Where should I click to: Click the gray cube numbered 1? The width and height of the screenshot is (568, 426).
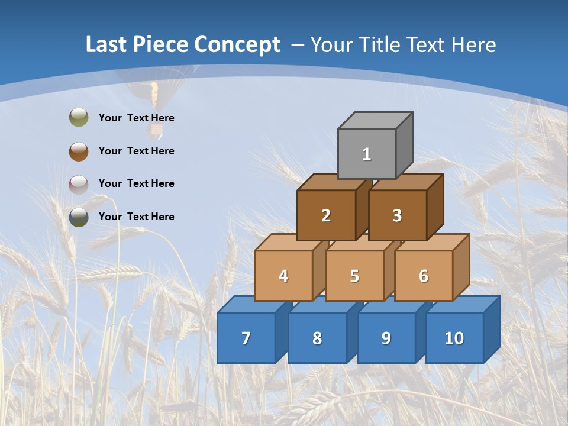(x=367, y=154)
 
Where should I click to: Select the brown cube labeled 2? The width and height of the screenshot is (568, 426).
(x=326, y=215)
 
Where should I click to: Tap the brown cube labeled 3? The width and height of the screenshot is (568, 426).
(x=397, y=215)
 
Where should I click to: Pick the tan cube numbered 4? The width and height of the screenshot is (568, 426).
(x=283, y=276)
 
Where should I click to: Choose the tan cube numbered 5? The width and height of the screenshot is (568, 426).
(x=354, y=276)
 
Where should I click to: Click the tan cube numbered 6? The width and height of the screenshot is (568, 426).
(x=424, y=276)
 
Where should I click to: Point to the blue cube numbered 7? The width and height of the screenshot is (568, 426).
(x=246, y=338)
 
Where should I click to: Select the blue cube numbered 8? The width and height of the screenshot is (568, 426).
(x=317, y=338)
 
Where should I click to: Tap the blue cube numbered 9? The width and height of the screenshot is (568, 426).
(x=386, y=338)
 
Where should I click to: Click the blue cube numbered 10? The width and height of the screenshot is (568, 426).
(x=454, y=338)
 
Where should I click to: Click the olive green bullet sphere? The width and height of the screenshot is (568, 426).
(x=79, y=118)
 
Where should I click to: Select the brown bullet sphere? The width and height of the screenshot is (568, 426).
(x=79, y=151)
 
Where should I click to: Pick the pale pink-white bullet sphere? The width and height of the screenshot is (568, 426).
(x=79, y=184)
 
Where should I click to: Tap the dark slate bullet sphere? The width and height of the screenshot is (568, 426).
(x=79, y=217)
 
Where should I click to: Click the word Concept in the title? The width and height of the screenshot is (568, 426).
(x=237, y=45)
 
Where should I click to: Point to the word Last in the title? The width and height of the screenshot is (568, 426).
(x=106, y=45)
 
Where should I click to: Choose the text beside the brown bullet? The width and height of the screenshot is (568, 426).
(x=137, y=151)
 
